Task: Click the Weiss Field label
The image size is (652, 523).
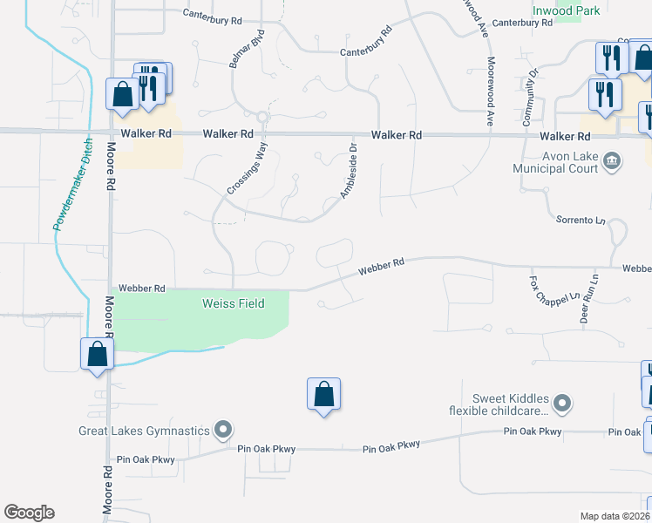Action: pyautogui.click(x=233, y=303)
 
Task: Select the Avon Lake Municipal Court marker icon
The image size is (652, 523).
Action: pyautogui.click(x=613, y=160)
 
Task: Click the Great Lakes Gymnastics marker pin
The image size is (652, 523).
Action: pyautogui.click(x=224, y=429)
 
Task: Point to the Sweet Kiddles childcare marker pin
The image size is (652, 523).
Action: pyautogui.click(x=563, y=403)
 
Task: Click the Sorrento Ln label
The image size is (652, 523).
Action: pyautogui.click(x=581, y=221)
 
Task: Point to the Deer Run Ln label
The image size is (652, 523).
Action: pyautogui.click(x=589, y=299)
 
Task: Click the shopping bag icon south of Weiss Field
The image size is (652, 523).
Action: pyautogui.click(x=323, y=394)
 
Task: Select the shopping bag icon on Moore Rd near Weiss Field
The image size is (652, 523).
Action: pyautogui.click(x=96, y=354)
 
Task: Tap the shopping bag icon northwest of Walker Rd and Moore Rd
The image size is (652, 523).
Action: pyautogui.click(x=121, y=94)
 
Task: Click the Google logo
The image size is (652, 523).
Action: pyautogui.click(x=29, y=513)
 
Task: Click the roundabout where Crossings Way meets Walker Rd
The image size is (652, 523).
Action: pyautogui.click(x=261, y=116)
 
